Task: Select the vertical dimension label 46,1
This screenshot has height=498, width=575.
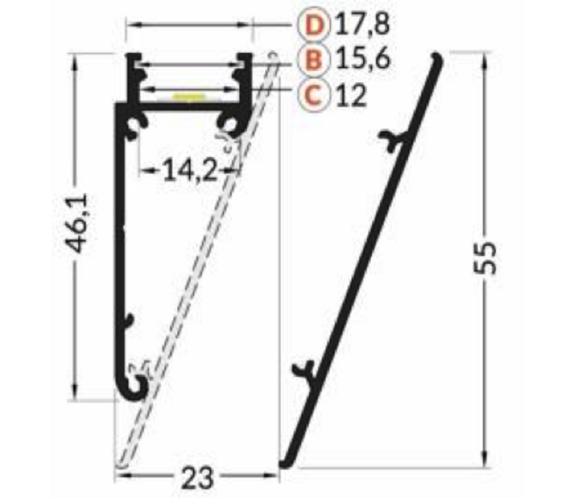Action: click(80, 233)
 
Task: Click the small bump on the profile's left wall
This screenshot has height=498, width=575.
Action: click(128, 320)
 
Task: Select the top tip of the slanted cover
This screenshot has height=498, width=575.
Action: click(438, 57)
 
